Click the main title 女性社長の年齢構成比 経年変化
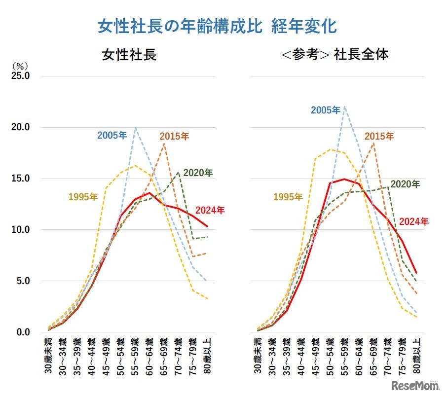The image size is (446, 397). pos(217,26)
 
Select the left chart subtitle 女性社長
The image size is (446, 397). pos(129,54)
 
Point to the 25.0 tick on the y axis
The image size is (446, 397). pos(21,76)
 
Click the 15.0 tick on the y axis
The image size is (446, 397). pos(21,179)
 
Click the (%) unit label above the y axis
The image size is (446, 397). pos(21,65)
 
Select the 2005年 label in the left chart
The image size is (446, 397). pos(112,135)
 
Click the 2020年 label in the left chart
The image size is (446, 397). pos(198,173)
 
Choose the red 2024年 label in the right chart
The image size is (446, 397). pos(413,221)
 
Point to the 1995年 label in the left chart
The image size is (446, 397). pos(83,197)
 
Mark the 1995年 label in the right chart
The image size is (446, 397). pos(288,197)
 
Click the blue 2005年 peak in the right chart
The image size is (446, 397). pos(344,107)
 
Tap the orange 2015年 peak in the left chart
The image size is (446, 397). pos(164,144)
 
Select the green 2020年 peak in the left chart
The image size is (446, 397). pos(179,172)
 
